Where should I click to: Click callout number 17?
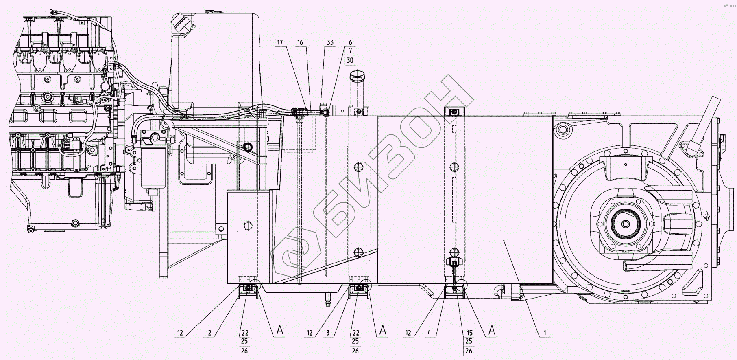coord(280,42)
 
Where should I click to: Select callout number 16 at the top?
coord(300,42)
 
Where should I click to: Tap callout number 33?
coord(330,42)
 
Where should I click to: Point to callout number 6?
coord(350,42)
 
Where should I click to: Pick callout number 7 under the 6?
coord(350,51)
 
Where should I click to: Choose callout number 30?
coord(350,61)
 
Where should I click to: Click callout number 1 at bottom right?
coord(545,333)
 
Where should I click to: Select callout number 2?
coord(209,333)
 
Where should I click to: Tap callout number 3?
coord(328,333)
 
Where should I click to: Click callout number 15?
coord(469,333)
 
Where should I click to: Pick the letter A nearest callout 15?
coord(492,331)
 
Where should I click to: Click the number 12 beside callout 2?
coord(180,333)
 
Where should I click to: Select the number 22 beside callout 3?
coord(355,333)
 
